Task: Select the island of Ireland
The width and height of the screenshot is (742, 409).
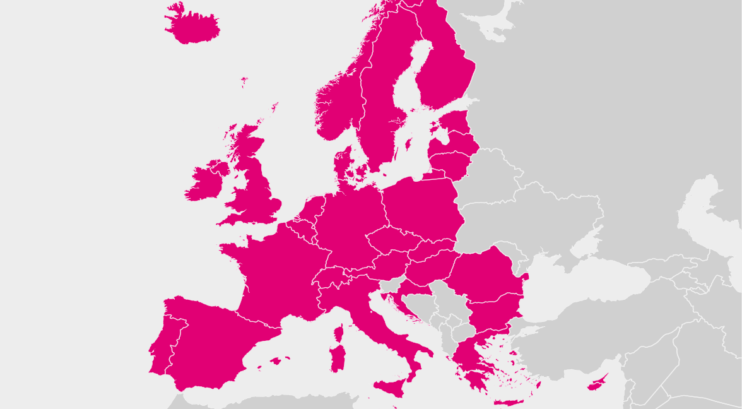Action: [x=204, y=183]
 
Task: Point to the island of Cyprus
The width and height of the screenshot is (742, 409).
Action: [x=597, y=382]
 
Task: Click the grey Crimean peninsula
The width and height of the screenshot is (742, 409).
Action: [x=584, y=246]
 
